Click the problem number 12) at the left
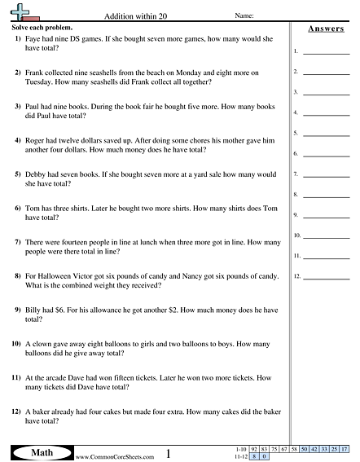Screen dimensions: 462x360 pyautogui.click(x=16, y=412)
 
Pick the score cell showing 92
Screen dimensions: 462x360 pyautogui.click(x=255, y=449)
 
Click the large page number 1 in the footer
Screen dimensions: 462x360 pyautogui.click(x=167, y=452)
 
